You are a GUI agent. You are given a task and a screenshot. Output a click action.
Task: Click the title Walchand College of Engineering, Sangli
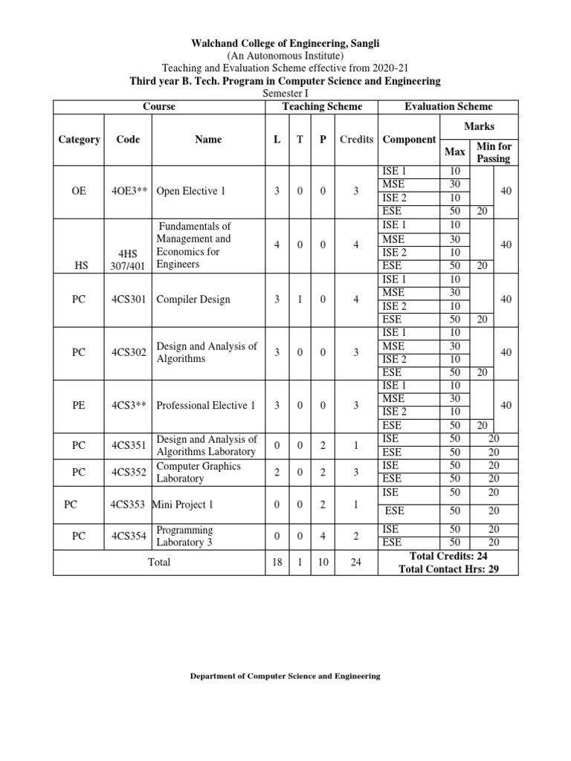(x=285, y=42)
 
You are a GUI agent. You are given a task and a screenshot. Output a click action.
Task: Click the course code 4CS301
(x=130, y=299)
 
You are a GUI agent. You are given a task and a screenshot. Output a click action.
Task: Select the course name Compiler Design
(x=193, y=299)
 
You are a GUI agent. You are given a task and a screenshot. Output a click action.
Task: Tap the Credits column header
(x=356, y=140)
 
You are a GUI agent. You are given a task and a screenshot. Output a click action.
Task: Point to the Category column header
(x=79, y=140)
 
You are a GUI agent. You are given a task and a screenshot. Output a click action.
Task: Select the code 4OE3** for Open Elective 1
(x=130, y=191)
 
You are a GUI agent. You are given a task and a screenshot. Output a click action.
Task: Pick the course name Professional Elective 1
(x=206, y=405)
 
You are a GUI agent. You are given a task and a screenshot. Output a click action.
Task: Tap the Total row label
(x=158, y=563)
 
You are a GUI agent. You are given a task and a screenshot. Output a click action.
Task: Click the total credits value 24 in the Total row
(x=356, y=563)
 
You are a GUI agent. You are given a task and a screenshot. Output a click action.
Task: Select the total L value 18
(x=276, y=563)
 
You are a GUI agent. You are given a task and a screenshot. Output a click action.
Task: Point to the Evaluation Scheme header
(x=448, y=106)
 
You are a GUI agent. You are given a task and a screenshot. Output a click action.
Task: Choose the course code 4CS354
(x=130, y=536)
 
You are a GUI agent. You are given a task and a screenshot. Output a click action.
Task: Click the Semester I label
(x=285, y=94)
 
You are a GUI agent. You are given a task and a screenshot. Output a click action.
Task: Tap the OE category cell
(x=79, y=191)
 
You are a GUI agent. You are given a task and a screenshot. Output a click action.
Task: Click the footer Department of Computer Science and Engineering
(x=285, y=676)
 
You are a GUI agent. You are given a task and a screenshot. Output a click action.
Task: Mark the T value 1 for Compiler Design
(x=300, y=299)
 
